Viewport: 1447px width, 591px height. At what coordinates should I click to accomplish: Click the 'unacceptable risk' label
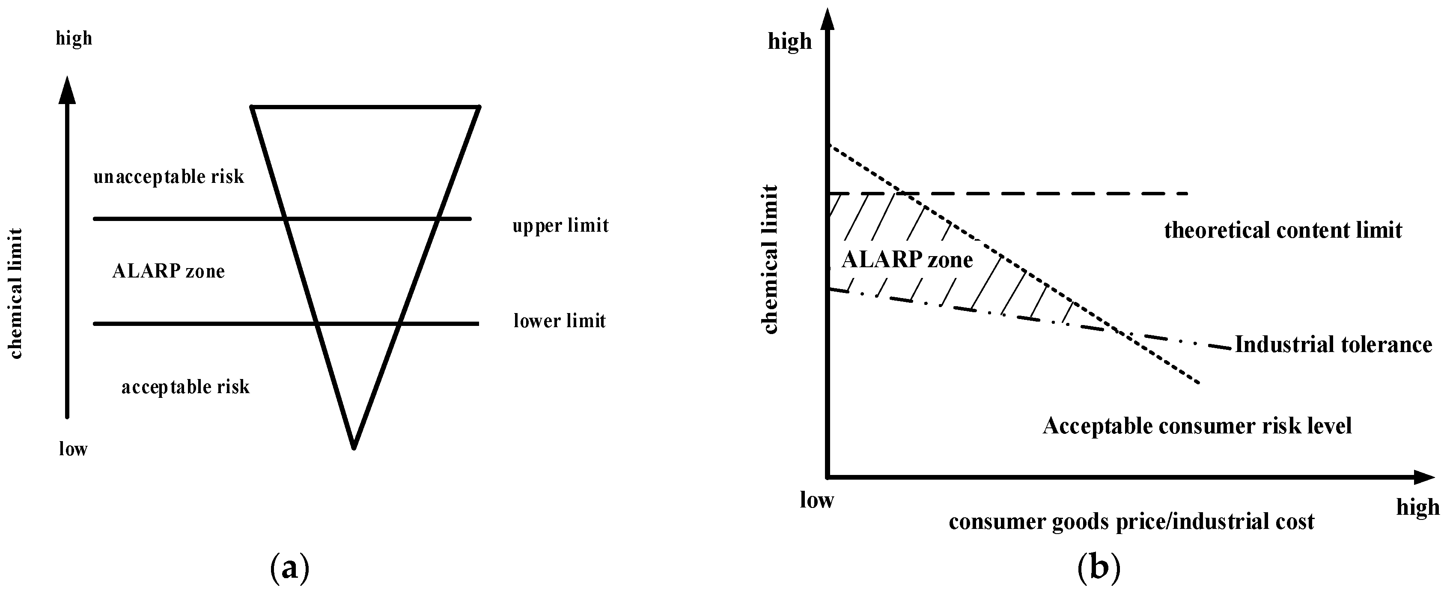(x=169, y=177)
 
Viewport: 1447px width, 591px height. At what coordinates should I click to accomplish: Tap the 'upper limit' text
(x=560, y=226)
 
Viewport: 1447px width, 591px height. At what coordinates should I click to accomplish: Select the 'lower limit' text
(x=560, y=321)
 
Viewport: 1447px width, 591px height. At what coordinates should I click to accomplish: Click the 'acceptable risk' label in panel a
(x=185, y=387)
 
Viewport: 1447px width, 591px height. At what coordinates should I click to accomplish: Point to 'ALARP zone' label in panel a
(x=169, y=272)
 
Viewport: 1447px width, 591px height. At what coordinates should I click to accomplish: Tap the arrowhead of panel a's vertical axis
(x=67, y=90)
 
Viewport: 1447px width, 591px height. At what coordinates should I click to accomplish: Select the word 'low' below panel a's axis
(x=73, y=449)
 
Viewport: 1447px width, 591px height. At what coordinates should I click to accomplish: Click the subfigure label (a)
(x=290, y=569)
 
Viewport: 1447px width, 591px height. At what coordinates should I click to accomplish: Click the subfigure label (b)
(x=1099, y=569)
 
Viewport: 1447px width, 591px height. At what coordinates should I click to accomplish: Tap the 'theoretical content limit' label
(x=1283, y=230)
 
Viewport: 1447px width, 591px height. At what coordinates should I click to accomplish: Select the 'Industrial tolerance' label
(x=1333, y=344)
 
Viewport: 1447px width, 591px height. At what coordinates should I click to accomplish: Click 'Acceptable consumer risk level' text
(x=1197, y=426)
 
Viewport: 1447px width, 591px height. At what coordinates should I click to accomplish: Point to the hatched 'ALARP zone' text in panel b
(x=907, y=260)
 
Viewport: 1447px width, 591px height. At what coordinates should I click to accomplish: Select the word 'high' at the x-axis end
(x=1418, y=507)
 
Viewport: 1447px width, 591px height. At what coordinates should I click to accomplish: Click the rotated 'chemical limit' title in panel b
(x=771, y=260)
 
